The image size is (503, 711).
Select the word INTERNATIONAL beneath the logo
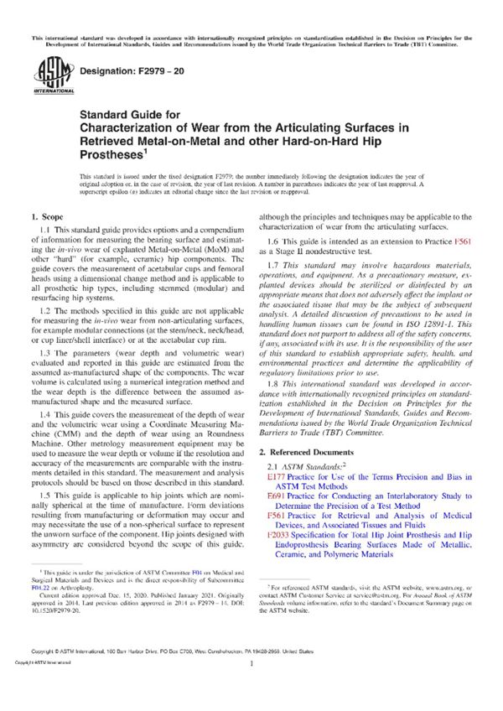[51, 90]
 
